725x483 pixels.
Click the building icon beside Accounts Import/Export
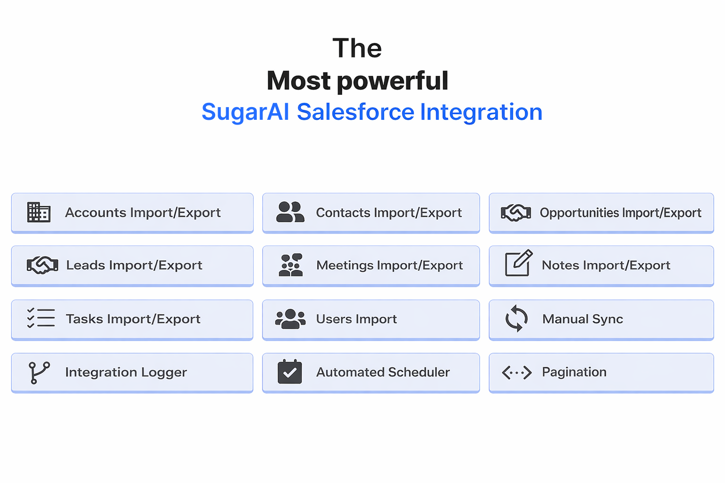(39, 212)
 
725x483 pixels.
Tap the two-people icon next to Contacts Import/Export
(290, 212)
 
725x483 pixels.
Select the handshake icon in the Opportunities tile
(516, 213)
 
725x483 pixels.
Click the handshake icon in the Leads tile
(42, 265)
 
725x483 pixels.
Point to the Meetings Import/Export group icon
(291, 265)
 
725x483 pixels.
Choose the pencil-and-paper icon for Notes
(518, 263)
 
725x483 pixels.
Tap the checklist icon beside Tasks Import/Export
(41, 318)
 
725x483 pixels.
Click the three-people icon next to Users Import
(290, 319)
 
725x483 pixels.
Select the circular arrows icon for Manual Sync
(516, 318)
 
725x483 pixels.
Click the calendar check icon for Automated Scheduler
(290, 372)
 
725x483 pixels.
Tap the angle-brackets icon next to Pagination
(517, 373)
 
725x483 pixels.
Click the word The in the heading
(357, 48)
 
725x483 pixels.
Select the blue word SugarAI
(245, 112)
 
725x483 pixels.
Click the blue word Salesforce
(355, 112)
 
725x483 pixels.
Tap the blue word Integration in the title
(481, 112)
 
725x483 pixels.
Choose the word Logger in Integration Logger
(164, 373)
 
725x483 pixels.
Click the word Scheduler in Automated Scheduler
(416, 372)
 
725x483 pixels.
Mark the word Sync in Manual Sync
(607, 319)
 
